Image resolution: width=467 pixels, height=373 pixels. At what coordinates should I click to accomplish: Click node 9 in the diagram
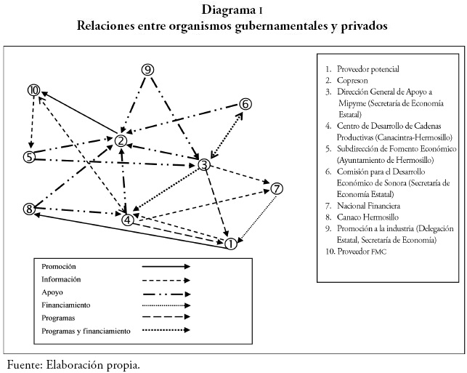(147, 70)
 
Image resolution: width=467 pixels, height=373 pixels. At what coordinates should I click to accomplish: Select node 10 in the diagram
(33, 90)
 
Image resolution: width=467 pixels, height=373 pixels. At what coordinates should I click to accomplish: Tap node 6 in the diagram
(245, 104)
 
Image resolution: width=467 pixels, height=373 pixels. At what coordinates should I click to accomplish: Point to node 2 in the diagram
(121, 140)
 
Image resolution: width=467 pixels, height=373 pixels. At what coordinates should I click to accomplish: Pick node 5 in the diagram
(29, 157)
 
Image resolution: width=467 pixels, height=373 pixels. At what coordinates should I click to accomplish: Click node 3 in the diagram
(205, 164)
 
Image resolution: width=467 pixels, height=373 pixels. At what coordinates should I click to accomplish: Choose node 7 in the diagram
(276, 189)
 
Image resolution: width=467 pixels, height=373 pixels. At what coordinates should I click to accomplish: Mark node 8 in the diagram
(29, 209)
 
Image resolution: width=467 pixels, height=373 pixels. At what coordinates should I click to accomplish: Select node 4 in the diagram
(128, 219)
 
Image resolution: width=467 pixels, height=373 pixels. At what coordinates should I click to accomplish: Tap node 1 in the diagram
(230, 244)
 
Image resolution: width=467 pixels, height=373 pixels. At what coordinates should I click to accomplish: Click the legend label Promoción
(59, 266)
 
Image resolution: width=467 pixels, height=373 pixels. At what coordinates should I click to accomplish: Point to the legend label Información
(61, 278)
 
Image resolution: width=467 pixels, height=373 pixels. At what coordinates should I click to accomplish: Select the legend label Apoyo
(52, 292)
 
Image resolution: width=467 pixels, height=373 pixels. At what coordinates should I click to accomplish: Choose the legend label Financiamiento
(66, 305)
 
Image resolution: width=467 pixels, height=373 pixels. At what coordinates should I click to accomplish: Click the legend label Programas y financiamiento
(86, 331)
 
